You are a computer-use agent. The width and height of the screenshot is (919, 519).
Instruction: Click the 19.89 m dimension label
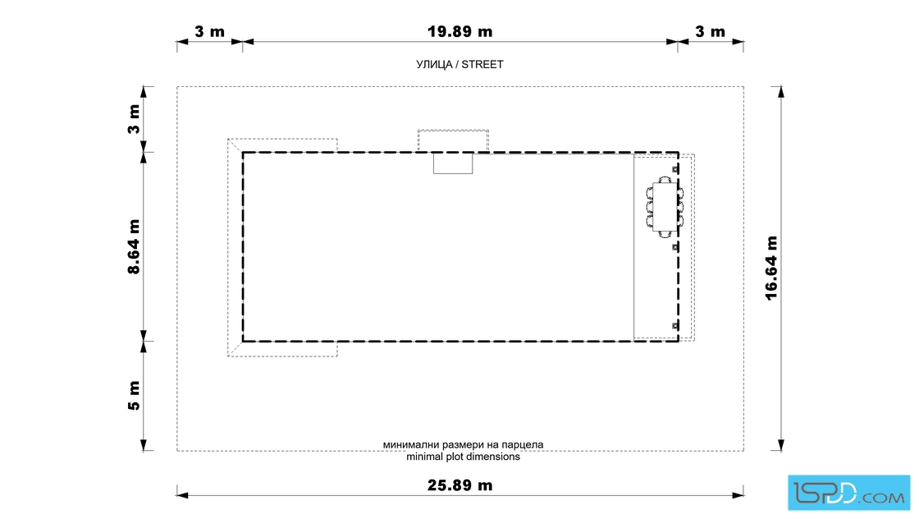pyautogui.click(x=459, y=32)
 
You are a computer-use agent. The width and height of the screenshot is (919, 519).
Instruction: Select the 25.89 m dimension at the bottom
pyautogui.click(x=459, y=485)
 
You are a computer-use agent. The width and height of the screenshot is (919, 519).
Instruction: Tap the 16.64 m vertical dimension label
pyautogui.click(x=771, y=269)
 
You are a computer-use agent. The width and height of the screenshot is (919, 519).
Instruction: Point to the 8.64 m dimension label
pyautogui.click(x=135, y=247)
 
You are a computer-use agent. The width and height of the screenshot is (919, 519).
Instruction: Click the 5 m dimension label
pyautogui.click(x=135, y=396)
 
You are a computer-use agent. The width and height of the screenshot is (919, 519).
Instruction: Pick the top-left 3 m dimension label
pyautogui.click(x=209, y=32)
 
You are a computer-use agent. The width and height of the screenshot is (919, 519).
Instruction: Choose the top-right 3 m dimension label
pyautogui.click(x=710, y=32)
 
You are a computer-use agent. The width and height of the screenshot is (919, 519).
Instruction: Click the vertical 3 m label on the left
pyautogui.click(x=135, y=119)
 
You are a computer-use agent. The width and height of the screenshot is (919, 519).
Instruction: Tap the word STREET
pyautogui.click(x=482, y=65)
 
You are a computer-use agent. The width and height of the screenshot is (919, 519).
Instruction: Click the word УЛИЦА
pyautogui.click(x=434, y=65)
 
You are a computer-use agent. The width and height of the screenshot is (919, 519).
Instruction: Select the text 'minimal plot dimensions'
pyautogui.click(x=463, y=457)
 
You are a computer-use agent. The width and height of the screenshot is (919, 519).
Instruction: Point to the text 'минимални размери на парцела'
pyautogui.click(x=463, y=445)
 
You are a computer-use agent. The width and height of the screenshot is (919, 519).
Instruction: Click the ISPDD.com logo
pyautogui.click(x=848, y=493)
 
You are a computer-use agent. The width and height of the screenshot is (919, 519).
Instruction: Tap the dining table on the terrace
pyautogui.click(x=665, y=207)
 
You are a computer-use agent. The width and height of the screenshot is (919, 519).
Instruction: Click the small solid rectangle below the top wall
pyautogui.click(x=453, y=163)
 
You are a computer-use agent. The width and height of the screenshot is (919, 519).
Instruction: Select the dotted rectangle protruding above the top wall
pyautogui.click(x=453, y=140)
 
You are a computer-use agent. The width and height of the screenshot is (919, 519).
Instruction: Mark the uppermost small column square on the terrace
pyautogui.click(x=675, y=169)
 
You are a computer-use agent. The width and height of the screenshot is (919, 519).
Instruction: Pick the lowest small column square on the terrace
pyautogui.click(x=675, y=325)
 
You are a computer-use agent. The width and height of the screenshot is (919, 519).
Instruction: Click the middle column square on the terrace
pyautogui.click(x=675, y=247)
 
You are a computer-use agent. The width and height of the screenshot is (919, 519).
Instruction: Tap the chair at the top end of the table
pyautogui.click(x=665, y=180)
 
